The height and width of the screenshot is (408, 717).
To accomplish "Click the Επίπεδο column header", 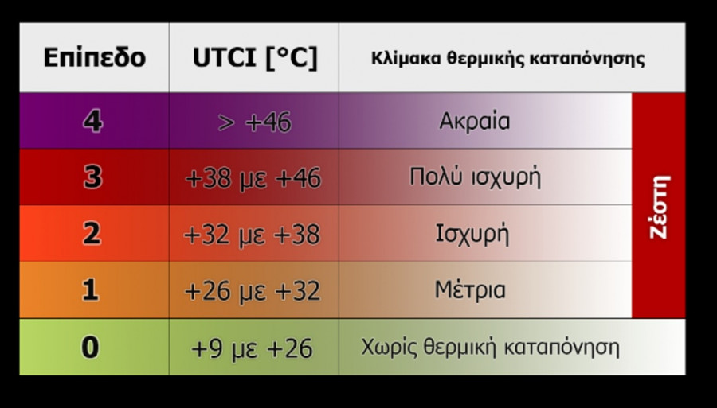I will click(94, 58).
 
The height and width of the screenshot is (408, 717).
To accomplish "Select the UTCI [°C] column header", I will click(254, 58).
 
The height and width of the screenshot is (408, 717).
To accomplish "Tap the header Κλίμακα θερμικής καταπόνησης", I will click(507, 59).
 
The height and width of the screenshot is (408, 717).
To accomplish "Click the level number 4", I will click(92, 122).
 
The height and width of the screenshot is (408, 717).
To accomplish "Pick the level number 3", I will click(92, 177).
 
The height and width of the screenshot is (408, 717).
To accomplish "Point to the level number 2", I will click(92, 234).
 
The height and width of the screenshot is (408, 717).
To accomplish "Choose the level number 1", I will click(91, 290).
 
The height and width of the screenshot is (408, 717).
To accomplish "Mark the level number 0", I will click(91, 348).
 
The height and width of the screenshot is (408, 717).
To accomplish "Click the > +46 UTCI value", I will click(254, 122).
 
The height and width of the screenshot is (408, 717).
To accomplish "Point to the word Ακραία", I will click(474, 122).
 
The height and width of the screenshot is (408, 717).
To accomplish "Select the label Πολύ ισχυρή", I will click(475, 177).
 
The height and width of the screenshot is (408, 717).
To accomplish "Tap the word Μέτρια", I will click(470, 290).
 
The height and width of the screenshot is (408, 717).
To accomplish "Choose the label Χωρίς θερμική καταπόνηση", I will click(490, 348).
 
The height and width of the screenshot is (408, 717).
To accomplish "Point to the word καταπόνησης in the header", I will click(593, 59).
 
